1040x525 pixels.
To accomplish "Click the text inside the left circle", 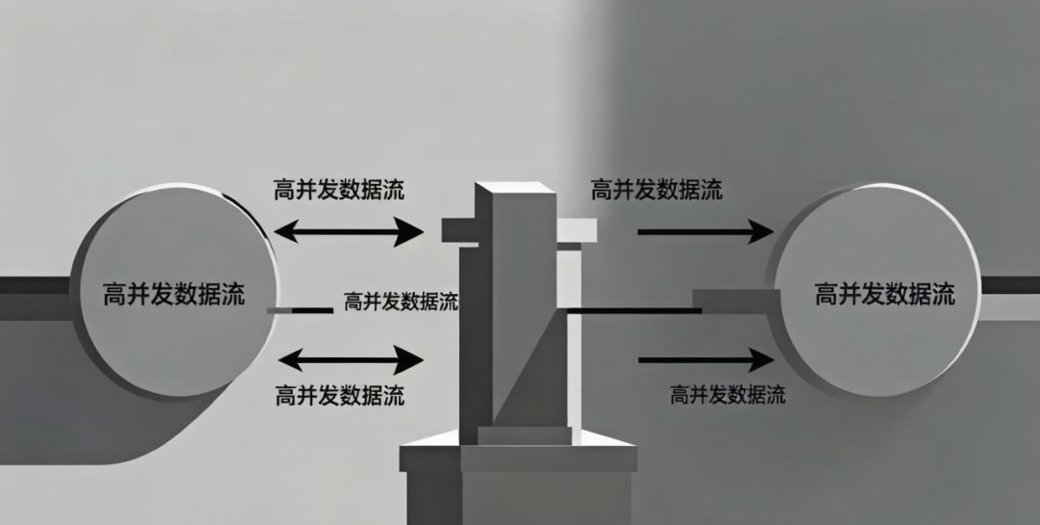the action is point(173,293).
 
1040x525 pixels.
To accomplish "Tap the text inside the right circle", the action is point(885,293).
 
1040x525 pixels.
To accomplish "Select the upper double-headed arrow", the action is point(349,231).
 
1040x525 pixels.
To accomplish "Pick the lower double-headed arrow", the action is point(351,360).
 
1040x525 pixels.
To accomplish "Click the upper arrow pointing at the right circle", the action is point(706,231).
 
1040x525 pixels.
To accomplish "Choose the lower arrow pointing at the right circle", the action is point(706,359).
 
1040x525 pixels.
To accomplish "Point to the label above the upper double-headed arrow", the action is point(339,190).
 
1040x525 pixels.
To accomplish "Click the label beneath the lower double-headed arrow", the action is point(340,396).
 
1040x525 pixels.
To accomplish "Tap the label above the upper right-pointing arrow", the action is point(657,190).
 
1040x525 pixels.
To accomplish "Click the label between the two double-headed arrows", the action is point(402,302).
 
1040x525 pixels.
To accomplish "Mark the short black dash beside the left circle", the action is point(299,310).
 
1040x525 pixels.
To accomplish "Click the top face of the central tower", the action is point(514,188).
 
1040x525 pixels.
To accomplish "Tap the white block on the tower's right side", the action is point(577,229).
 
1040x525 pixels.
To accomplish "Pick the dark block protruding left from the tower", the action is point(460,230).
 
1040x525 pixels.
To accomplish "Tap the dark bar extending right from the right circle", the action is point(1010,285).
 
